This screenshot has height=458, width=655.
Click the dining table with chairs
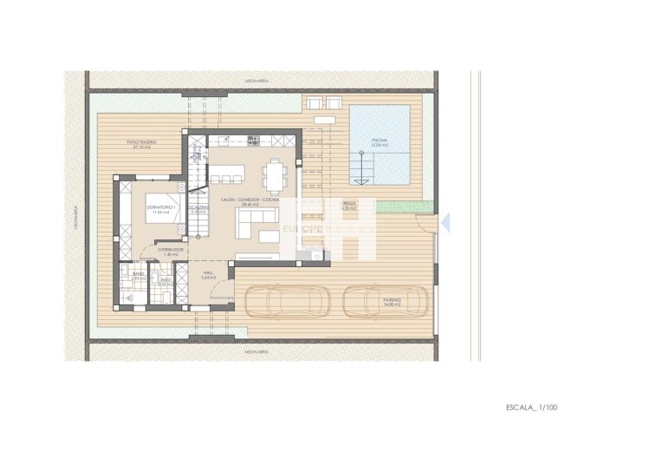275,176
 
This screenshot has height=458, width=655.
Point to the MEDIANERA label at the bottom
255,352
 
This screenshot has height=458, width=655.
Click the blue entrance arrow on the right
445,224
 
